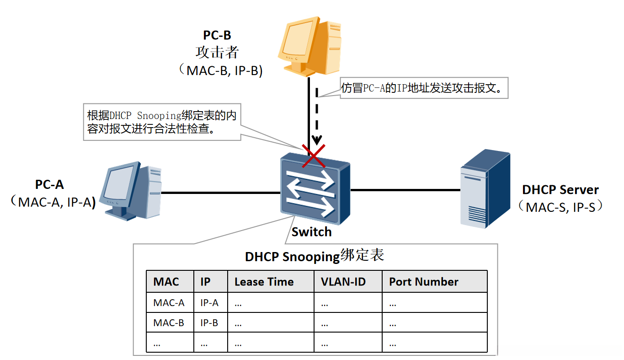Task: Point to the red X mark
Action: (314, 155)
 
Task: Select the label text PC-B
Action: (217, 36)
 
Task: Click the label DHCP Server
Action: (560, 190)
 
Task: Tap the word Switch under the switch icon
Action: (311, 232)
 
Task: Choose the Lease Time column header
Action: (264, 282)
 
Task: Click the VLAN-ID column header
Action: (341, 282)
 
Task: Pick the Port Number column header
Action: (423, 282)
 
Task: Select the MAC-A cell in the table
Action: (169, 302)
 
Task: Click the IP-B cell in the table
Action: (209, 322)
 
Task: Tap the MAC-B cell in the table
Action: (169, 322)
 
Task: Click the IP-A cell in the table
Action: (209, 302)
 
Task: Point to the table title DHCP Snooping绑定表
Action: (315, 256)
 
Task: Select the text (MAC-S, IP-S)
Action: (560, 207)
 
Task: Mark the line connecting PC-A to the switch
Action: (219, 193)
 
